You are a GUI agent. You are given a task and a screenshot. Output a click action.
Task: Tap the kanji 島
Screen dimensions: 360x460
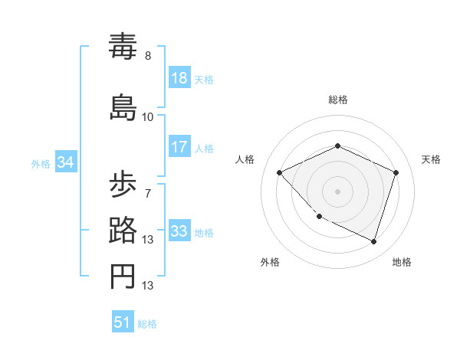[x=123, y=106]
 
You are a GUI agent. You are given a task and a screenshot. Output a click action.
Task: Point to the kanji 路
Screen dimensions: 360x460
[x=123, y=231]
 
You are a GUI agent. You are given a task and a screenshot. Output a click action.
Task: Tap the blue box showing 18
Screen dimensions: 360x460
[x=179, y=78]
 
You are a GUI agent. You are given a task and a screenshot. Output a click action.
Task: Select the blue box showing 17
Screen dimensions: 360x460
[x=179, y=147]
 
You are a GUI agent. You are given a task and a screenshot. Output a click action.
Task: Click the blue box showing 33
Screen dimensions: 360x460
[x=179, y=231]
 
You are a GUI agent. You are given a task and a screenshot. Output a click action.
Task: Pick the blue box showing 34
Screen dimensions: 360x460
[x=66, y=162]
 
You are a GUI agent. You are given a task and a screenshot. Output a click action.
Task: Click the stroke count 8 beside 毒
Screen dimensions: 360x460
[x=148, y=56]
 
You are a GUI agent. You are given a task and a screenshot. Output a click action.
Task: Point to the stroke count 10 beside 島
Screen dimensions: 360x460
[x=148, y=116]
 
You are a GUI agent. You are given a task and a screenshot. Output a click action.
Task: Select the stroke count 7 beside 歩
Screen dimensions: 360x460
[x=148, y=193]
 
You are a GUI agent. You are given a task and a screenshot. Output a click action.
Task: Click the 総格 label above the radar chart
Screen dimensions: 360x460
[x=337, y=100]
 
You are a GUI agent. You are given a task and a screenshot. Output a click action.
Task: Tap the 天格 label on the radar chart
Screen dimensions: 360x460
[x=431, y=159]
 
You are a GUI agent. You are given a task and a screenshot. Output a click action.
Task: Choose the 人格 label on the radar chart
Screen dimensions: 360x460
[x=245, y=159]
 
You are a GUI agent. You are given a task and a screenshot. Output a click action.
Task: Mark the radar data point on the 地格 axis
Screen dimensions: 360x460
[x=374, y=242]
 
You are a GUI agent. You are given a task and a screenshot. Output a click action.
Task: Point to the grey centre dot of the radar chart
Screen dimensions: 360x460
[x=337, y=191]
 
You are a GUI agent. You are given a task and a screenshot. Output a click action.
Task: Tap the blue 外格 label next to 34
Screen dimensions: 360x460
[x=40, y=163]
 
